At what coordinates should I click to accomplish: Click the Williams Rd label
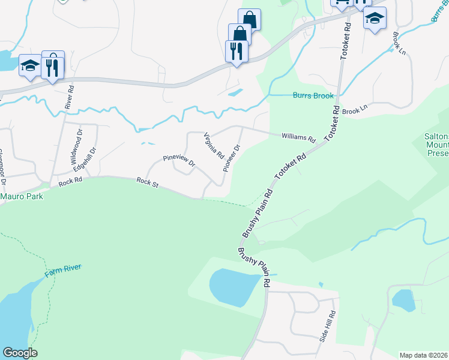298,137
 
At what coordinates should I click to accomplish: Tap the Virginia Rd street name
213,144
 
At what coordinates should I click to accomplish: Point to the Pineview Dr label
179,161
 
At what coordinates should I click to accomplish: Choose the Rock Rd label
70,181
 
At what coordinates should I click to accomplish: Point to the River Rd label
71,97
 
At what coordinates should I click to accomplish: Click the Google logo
19,353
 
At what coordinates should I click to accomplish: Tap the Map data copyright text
424,355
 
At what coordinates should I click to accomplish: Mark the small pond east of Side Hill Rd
403,299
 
